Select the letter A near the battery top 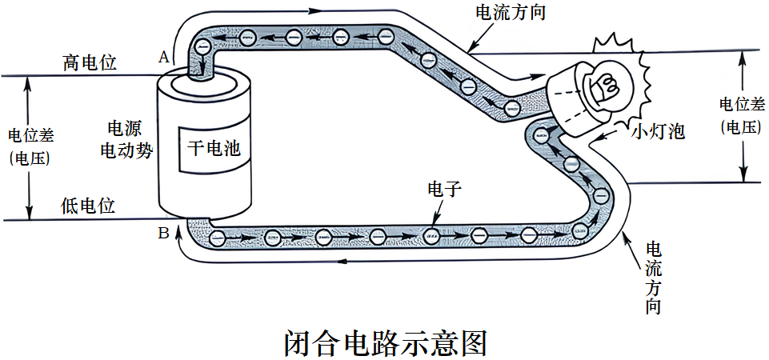[164, 57]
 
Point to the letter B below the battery [163, 234]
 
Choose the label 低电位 [88, 206]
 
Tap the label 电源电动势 [126, 139]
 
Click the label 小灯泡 [659, 131]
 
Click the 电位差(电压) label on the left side [30, 146]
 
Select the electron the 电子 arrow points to [431, 235]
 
